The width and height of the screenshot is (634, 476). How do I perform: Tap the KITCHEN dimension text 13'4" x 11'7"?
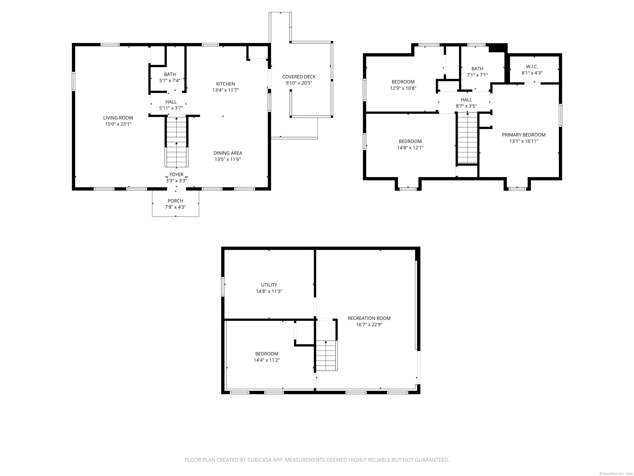[x=226, y=90]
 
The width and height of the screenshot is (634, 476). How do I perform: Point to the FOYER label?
[x=176, y=174]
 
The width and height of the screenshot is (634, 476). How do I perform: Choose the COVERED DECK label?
[x=299, y=77]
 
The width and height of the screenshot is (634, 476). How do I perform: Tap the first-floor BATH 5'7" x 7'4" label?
[x=170, y=77]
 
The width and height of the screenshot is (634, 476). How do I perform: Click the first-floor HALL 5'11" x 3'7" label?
[x=171, y=105]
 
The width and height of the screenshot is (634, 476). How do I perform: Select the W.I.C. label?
[x=532, y=67]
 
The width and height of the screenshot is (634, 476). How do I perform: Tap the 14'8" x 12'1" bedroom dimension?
[x=410, y=148]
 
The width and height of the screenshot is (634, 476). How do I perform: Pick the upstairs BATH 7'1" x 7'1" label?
[x=477, y=72]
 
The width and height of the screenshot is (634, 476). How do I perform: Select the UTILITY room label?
[x=269, y=285]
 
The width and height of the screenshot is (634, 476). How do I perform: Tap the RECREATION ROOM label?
[x=369, y=318]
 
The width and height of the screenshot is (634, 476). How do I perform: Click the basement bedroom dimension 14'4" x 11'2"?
[x=267, y=360]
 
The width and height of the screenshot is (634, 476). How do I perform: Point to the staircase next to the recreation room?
[x=326, y=356]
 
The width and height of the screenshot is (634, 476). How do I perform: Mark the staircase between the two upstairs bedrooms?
[x=467, y=138]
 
